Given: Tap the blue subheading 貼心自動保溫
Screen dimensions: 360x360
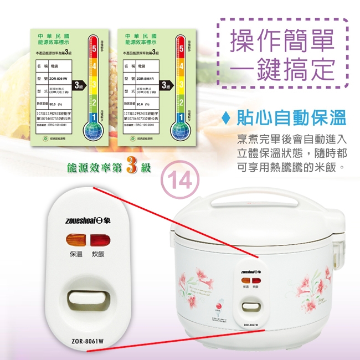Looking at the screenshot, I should coord(291,118).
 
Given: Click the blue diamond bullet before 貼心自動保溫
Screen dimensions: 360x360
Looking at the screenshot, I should coord(225,119).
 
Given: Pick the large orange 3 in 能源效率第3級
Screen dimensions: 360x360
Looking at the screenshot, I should coord(132,166).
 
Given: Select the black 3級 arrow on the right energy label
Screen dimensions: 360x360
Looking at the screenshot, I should coord(164,85).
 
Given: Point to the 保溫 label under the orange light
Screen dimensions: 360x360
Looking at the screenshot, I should coord(76,254).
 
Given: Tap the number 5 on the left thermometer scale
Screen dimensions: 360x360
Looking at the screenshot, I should coord(94,50).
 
